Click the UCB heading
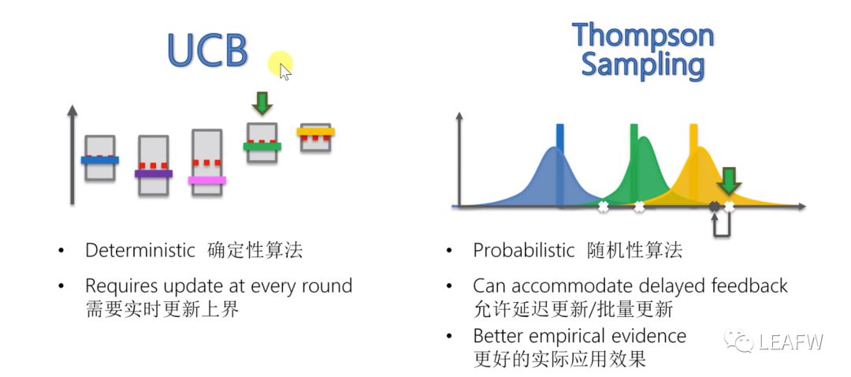207,49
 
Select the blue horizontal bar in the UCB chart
100,160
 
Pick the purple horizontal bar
154,174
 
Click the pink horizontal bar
207,180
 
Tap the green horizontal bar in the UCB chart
262,146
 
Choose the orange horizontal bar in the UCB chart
316,132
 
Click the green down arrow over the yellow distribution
729,181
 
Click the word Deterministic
139,251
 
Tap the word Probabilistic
524,251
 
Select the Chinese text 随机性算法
635,251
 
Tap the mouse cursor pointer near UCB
284,72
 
